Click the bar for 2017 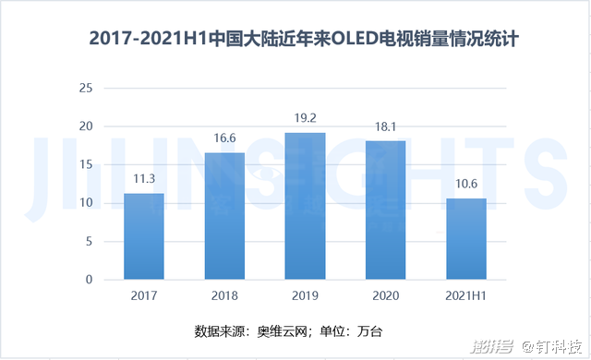[x=144, y=236]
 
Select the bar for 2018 [x=224, y=216]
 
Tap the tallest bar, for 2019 [x=305, y=206]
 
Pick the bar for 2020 [x=385, y=210]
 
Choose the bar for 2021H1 [x=465, y=239]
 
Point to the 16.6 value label [x=224, y=139]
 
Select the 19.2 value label [x=305, y=119]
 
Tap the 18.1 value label [x=385, y=127]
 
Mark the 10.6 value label [x=465, y=185]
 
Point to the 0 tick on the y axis [x=90, y=280]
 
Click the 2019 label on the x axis [x=305, y=295]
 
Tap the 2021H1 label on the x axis [x=465, y=295]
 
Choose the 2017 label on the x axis [x=144, y=295]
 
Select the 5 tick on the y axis [x=90, y=242]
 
